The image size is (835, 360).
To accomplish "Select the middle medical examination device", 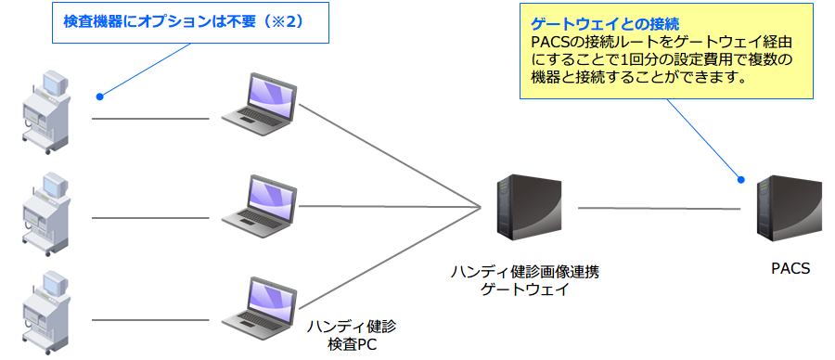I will coord(45,212).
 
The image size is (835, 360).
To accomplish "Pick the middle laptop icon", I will coord(261,205).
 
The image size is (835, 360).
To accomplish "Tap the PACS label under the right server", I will coord(790,269).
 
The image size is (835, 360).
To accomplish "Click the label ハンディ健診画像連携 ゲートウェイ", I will coord(525,280).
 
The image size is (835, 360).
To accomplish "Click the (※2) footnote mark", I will coord(296,21).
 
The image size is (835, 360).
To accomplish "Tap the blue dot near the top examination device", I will coord(99,96).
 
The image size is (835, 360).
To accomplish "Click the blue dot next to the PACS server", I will coord(740,179).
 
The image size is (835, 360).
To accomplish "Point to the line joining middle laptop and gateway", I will coord(390,207).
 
